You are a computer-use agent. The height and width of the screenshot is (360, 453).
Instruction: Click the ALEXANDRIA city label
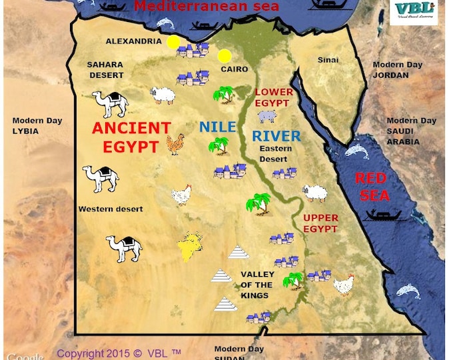click(133, 41)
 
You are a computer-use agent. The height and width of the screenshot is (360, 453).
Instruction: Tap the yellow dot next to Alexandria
click(173, 42)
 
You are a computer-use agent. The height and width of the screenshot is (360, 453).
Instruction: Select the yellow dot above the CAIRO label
click(225, 55)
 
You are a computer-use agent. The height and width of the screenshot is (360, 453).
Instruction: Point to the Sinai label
click(328, 60)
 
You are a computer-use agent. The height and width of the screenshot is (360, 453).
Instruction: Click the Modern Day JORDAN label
click(397, 69)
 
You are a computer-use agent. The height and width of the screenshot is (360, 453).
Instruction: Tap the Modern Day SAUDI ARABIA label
click(412, 131)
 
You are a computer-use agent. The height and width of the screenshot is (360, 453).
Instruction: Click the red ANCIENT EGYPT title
click(131, 137)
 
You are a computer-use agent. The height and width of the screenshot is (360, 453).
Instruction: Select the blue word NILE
click(218, 127)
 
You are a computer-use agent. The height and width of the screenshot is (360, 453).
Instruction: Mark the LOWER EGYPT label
click(272, 97)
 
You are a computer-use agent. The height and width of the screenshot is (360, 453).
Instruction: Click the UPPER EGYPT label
click(320, 223)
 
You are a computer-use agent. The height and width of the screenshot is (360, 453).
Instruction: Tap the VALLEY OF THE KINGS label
click(257, 285)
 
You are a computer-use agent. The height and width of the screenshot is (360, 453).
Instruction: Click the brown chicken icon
click(175, 144)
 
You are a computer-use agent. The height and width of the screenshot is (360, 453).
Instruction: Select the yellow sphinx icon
click(191, 246)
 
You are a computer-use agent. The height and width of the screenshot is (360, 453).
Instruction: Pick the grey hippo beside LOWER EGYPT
click(267, 117)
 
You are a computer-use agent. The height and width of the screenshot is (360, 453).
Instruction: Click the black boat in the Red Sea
click(383, 215)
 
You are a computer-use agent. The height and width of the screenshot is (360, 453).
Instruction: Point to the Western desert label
click(111, 209)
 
